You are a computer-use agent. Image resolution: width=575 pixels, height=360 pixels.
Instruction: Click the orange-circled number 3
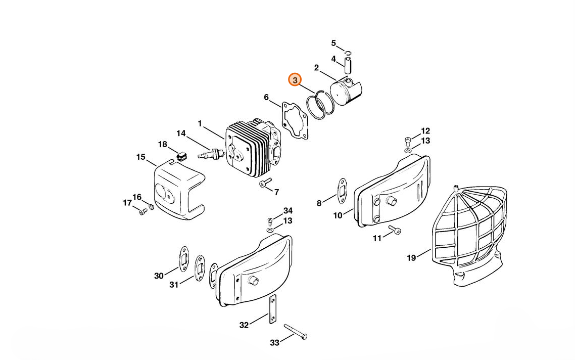pyautogui.click(x=295, y=80)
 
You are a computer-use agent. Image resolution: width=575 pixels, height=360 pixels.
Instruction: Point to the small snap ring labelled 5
pyautogui.click(x=349, y=53)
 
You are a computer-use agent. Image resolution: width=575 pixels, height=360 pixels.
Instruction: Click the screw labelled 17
pyautogui.click(x=142, y=211)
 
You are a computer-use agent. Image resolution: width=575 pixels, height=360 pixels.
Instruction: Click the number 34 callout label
pyautogui.click(x=287, y=210)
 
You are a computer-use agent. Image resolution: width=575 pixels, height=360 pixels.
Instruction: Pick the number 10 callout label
pyautogui.click(x=338, y=216)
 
